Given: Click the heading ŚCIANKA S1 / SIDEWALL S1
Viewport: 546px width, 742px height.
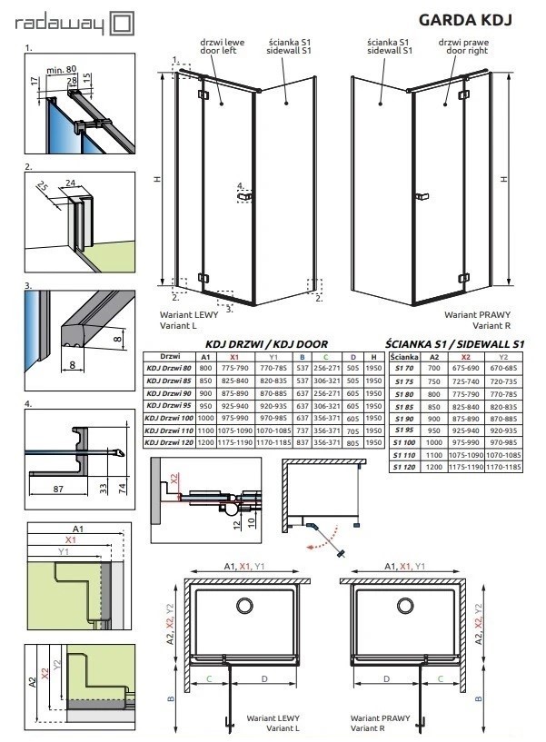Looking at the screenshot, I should (x=454, y=343).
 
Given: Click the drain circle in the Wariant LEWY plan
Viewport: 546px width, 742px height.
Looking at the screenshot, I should (x=245, y=606).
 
